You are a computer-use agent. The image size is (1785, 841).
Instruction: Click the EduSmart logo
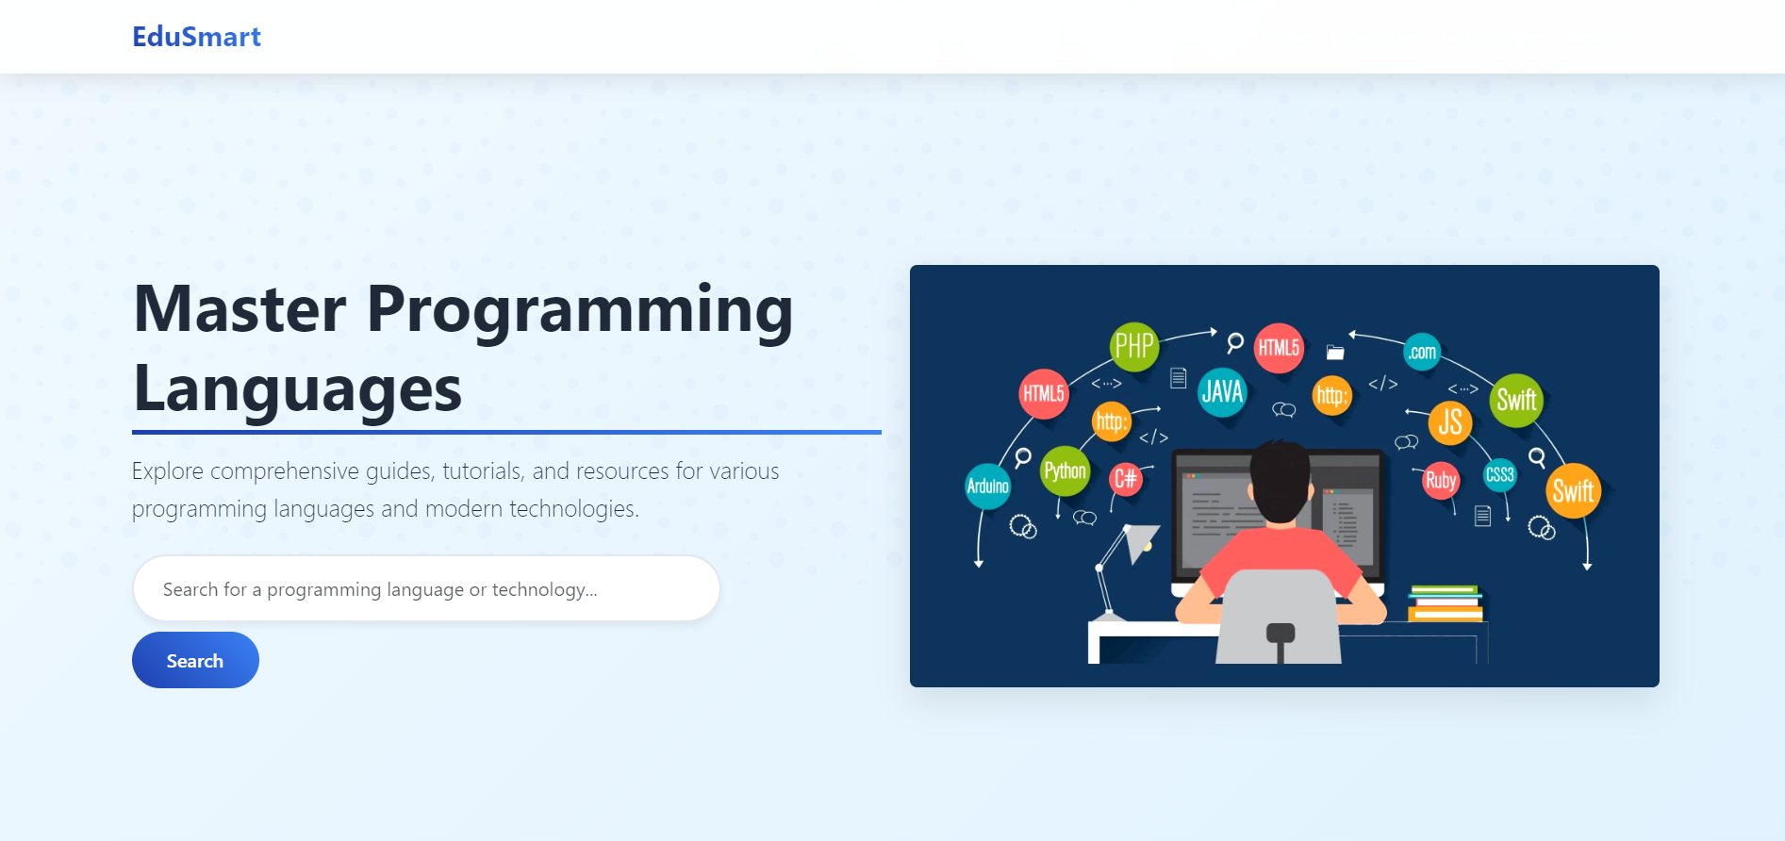click(196, 37)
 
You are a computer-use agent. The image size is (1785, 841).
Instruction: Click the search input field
click(426, 589)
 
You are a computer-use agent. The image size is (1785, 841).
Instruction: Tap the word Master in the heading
click(240, 309)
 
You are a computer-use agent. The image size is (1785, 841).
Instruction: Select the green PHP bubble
click(1133, 346)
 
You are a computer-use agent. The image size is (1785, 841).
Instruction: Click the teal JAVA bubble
click(1222, 391)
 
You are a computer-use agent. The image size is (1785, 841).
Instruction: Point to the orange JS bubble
click(1450, 422)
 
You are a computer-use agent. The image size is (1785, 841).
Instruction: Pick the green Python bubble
click(1065, 470)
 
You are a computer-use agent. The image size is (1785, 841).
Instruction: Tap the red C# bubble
click(1125, 479)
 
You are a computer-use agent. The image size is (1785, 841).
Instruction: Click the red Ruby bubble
click(1440, 481)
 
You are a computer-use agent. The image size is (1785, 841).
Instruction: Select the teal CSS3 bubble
click(1499, 474)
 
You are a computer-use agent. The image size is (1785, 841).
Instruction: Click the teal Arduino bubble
click(987, 486)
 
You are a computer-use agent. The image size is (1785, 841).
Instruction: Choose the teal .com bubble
click(1422, 353)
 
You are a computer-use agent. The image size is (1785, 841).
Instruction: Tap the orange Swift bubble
click(1573, 491)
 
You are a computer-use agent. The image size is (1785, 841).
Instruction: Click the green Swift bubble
click(1516, 400)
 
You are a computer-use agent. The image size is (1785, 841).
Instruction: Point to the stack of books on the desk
click(1445, 604)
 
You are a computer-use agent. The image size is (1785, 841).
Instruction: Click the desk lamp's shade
click(1142, 541)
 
